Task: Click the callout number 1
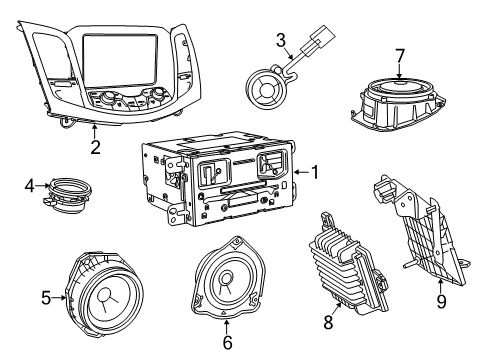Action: click(x=314, y=172)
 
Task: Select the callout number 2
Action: click(x=95, y=147)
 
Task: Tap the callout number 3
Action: click(x=282, y=40)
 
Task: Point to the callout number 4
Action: click(x=30, y=184)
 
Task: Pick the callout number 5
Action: click(x=44, y=296)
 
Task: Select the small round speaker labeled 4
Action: click(x=66, y=190)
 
